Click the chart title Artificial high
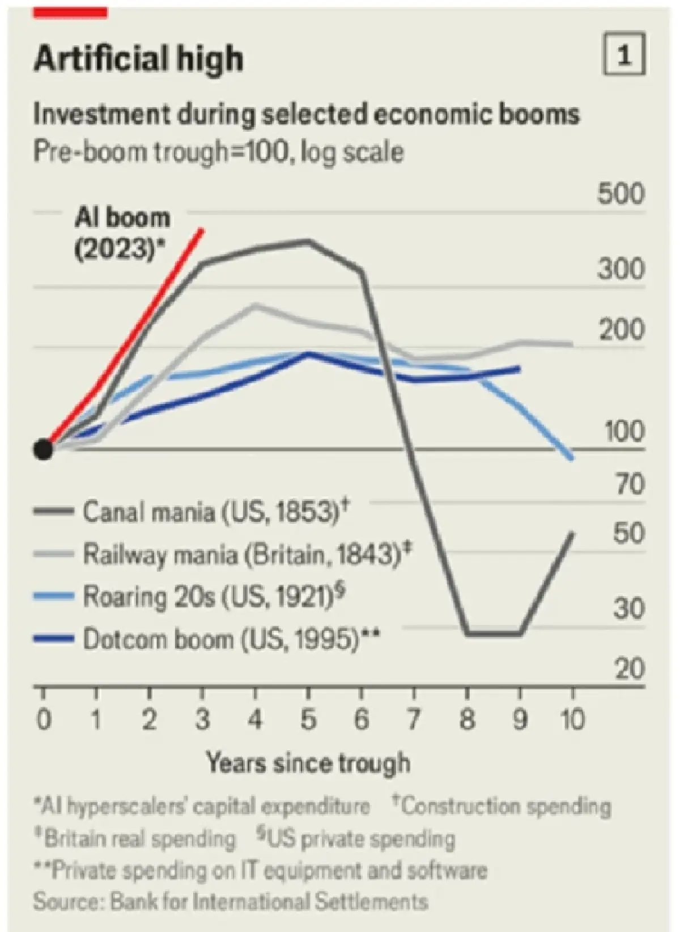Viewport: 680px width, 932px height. pos(138,58)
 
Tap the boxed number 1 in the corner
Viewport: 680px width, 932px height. pos(624,54)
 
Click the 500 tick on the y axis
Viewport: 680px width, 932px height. pos(621,194)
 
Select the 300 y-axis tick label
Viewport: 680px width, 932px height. pos(621,269)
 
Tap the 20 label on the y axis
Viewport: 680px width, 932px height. pos(630,668)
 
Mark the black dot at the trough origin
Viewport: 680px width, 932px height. pos(43,449)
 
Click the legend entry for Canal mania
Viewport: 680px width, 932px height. pos(193,511)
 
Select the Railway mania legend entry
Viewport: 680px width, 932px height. pos(222,554)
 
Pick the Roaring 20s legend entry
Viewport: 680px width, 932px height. pos(189,596)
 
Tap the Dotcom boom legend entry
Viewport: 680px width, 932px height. pos(207,639)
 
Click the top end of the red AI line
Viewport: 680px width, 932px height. pos(202,229)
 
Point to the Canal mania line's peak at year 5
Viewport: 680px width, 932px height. pos(308,241)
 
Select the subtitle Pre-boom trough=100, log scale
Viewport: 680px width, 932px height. pos(219,152)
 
